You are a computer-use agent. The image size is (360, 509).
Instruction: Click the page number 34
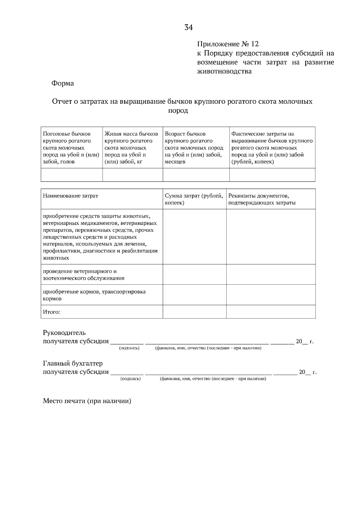click(188, 28)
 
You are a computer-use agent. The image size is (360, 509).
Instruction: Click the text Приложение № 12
click(228, 44)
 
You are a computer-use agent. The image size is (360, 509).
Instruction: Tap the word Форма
click(62, 83)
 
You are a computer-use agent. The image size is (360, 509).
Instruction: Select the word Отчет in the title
click(62, 102)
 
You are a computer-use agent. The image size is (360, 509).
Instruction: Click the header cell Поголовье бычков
click(71, 147)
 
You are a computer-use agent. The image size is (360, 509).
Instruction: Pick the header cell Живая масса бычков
click(132, 147)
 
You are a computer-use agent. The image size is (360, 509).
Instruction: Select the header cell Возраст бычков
click(196, 147)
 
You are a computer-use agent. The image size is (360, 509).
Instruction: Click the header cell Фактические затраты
click(272, 147)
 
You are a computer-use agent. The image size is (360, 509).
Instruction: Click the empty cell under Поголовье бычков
click(72, 175)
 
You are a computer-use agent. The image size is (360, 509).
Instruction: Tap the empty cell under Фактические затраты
click(272, 175)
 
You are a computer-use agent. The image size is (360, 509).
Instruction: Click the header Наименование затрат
click(70, 196)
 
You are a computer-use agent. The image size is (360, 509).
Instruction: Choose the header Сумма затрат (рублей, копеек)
click(194, 199)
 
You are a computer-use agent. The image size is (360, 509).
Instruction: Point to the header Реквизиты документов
click(262, 199)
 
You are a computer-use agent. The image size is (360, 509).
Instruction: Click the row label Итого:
click(52, 312)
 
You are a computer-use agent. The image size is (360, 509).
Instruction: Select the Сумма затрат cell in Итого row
click(194, 312)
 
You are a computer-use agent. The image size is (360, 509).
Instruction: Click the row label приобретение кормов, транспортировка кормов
click(94, 295)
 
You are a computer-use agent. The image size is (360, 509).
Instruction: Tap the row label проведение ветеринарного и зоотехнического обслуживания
click(84, 275)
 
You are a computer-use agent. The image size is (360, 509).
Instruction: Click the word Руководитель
click(64, 333)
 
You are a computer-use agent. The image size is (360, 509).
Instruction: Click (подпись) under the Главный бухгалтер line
click(130, 379)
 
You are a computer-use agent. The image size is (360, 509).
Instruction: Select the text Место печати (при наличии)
click(87, 401)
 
